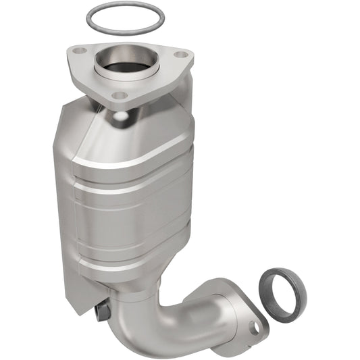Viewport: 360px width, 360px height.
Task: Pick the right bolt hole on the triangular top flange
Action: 180,55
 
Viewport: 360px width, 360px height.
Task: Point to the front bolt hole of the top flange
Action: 119,95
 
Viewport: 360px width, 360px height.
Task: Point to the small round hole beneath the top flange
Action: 120,116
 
